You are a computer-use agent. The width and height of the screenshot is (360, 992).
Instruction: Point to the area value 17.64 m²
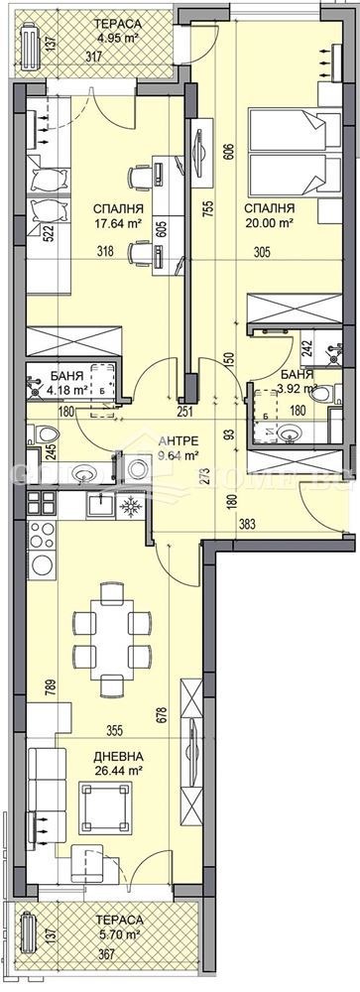point(118,223)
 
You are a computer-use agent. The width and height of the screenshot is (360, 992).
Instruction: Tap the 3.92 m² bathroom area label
point(298,390)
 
